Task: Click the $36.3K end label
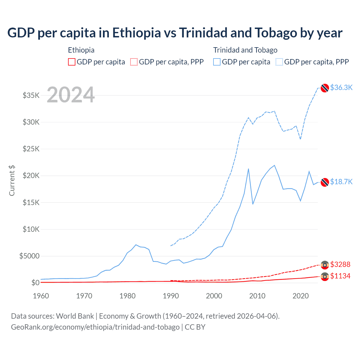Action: click(341, 87)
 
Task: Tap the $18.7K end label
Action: click(341, 182)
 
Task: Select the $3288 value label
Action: click(340, 264)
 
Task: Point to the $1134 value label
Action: click(340, 276)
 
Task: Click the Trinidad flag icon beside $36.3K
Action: click(325, 88)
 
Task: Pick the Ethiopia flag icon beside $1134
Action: click(325, 276)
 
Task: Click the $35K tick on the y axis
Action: click(31, 95)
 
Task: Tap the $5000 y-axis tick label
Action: click(30, 256)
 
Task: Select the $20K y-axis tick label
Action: click(31, 176)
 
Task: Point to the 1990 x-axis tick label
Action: click(171, 296)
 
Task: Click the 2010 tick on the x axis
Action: click(257, 296)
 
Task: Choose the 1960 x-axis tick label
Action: click(41, 296)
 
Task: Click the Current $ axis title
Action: click(12, 181)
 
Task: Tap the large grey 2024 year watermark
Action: click(71, 95)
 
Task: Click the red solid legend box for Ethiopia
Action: click(72, 62)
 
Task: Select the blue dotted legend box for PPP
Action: click(279, 62)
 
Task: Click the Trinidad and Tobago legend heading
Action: click(245, 50)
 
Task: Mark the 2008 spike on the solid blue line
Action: click(248, 169)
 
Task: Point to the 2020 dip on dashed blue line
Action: click(300, 139)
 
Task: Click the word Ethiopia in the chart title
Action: click(136, 33)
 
